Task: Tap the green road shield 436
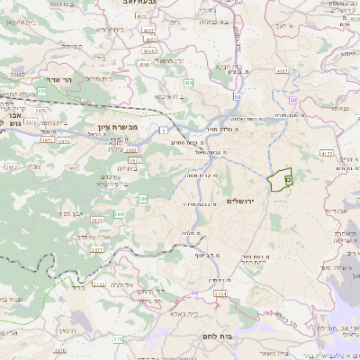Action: pyautogui.click(x=189, y=82)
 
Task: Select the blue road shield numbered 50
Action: pyautogui.click(x=236, y=96)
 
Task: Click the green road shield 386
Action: pyautogui.click(x=120, y=214)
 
